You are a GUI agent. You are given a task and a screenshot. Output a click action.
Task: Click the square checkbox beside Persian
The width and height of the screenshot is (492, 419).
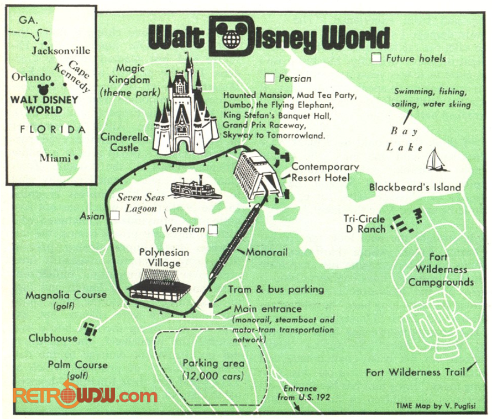pyautogui.click(x=270, y=78)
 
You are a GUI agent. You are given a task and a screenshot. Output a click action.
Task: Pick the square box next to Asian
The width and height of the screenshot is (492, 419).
pyautogui.click(x=114, y=216)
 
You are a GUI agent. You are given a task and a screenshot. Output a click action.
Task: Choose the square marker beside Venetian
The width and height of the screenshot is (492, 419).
pyautogui.click(x=213, y=229)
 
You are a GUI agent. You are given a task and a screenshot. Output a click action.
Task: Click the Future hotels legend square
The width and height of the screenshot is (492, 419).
pyautogui.click(x=376, y=57)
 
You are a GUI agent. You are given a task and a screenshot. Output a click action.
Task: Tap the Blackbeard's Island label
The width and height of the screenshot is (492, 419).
pyautogui.click(x=415, y=187)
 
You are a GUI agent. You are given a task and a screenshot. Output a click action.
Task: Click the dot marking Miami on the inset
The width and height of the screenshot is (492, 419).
pyautogui.click(x=76, y=158)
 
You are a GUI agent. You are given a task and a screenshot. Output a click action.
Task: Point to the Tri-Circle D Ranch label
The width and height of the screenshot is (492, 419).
pyautogui.click(x=364, y=224)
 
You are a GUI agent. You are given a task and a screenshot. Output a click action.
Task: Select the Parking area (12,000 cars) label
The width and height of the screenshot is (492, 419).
pyautogui.click(x=213, y=369)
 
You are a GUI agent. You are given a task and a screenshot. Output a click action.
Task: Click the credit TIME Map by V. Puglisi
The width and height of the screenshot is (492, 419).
pyautogui.click(x=436, y=406)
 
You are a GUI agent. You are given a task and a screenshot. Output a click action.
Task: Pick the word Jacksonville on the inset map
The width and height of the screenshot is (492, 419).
pyautogui.click(x=61, y=50)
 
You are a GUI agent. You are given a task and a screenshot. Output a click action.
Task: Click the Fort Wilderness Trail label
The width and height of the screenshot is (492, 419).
pyautogui.click(x=415, y=372)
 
